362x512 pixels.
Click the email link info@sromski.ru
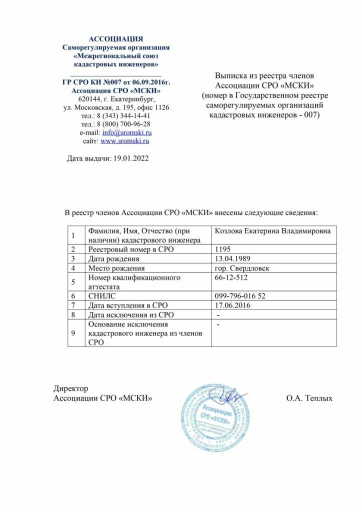[x=126, y=132]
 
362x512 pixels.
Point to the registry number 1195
[x=222, y=249]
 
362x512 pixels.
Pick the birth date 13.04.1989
[x=232, y=258]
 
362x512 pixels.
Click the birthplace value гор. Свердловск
[x=241, y=268]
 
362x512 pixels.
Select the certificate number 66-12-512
[x=230, y=277]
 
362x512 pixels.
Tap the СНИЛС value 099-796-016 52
[x=239, y=296]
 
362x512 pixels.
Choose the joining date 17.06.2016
[x=232, y=305]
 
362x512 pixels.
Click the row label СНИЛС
[x=100, y=296]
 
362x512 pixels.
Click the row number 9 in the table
[x=73, y=334]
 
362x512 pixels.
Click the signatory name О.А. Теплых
[x=309, y=398]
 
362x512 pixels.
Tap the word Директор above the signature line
[x=70, y=388]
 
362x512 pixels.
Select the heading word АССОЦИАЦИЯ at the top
[x=115, y=38]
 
